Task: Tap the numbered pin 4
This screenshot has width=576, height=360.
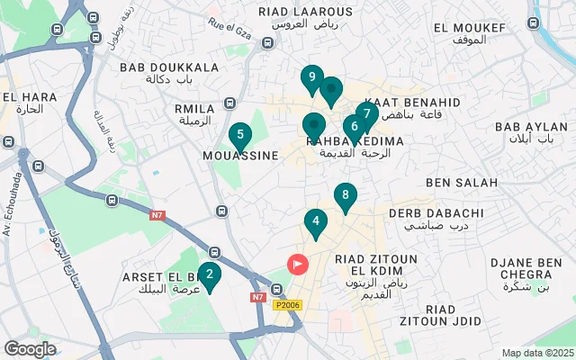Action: tap(315, 221)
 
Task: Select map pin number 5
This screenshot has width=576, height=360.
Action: tap(239, 137)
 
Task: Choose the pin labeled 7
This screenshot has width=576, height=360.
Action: tap(366, 115)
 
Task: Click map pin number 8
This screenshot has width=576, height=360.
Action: tap(345, 196)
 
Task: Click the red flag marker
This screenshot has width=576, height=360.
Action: tap(297, 265)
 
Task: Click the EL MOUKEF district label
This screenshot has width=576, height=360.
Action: tap(469, 28)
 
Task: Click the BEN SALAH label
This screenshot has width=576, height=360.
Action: tap(462, 183)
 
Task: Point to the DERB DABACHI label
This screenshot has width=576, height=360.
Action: tap(436, 213)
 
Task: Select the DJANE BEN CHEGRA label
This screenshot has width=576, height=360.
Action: tap(526, 267)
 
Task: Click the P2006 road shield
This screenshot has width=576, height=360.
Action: tap(288, 305)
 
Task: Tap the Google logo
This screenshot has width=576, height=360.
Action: tap(30, 348)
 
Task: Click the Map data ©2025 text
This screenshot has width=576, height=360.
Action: tap(536, 353)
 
